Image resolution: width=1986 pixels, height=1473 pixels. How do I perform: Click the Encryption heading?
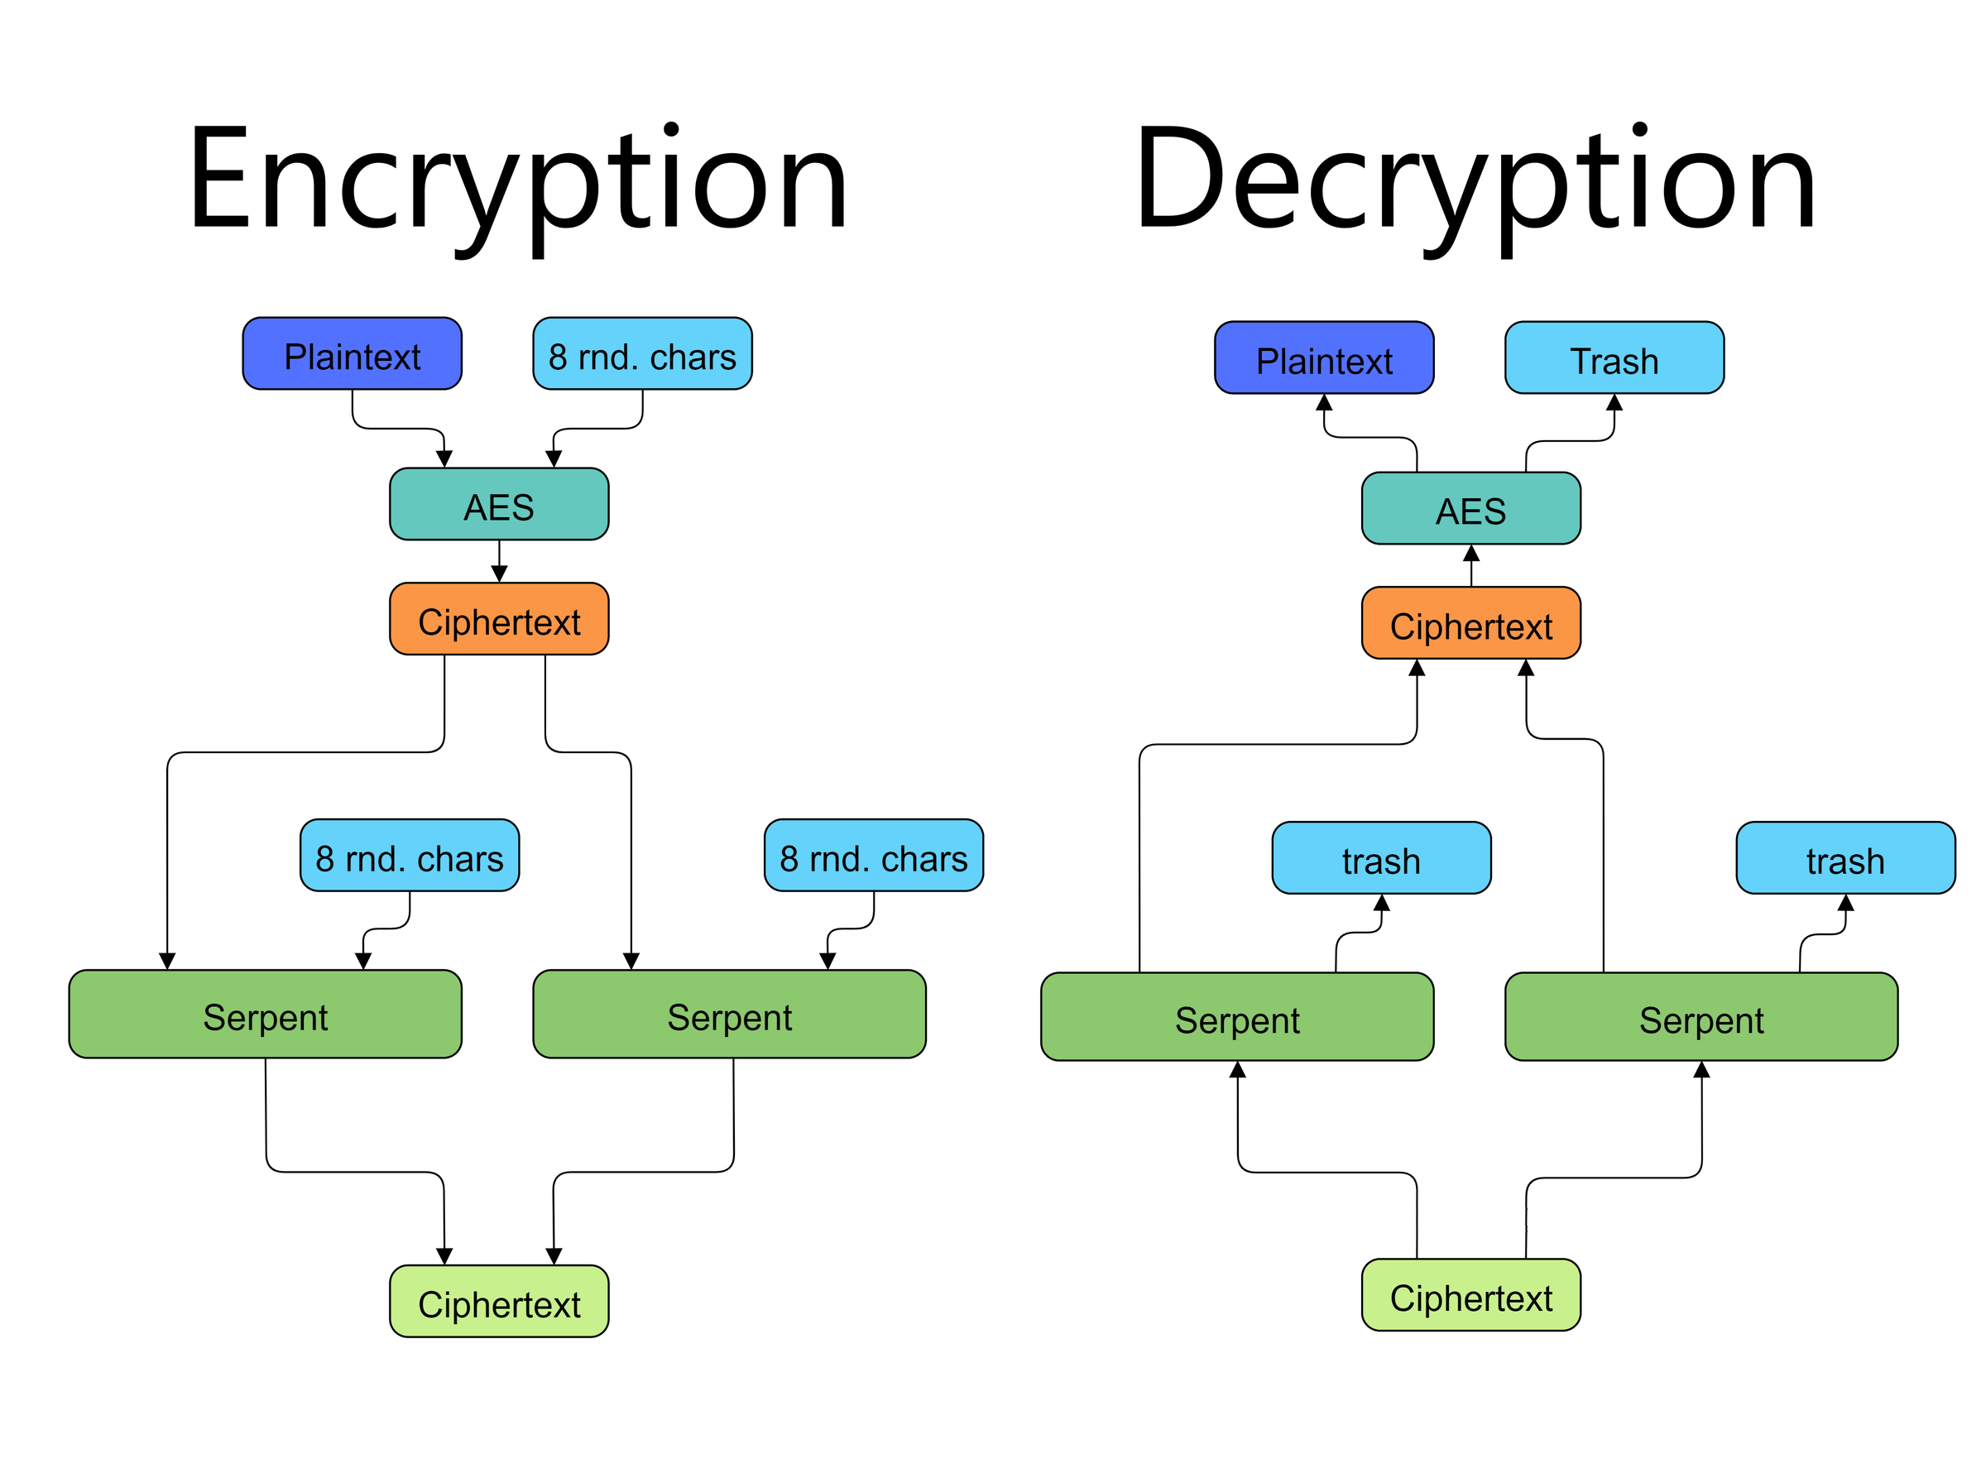(x=517, y=183)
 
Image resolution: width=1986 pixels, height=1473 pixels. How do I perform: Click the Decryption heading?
(x=1475, y=183)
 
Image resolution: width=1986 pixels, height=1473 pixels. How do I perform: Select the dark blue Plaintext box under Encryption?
(x=352, y=354)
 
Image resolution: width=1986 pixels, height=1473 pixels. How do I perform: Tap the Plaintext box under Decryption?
(x=1324, y=357)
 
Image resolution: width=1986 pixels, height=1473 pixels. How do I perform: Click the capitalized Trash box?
(x=1614, y=357)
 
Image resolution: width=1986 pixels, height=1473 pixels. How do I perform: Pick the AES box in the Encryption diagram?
(x=499, y=505)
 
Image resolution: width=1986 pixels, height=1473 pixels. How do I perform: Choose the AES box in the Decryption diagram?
(x=1470, y=508)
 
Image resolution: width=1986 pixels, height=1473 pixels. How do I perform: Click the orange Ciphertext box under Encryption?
(x=499, y=620)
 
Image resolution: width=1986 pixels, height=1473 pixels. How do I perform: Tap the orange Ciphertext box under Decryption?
(x=1470, y=623)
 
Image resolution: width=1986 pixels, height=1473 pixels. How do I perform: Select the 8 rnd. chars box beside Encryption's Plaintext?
(x=642, y=354)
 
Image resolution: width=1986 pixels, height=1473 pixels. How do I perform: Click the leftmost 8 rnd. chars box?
(x=409, y=856)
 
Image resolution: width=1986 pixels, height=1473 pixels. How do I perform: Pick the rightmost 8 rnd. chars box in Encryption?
(x=874, y=856)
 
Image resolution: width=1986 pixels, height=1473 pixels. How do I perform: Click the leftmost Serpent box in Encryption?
(x=265, y=1015)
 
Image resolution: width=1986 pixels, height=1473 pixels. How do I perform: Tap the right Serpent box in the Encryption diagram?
(x=729, y=1015)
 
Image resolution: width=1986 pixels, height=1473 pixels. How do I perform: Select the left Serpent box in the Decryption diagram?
(x=1236, y=1017)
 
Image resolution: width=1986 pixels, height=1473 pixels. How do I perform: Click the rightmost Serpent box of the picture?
(x=1701, y=1017)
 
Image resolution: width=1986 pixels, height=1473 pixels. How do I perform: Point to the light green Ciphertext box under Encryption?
(x=499, y=1302)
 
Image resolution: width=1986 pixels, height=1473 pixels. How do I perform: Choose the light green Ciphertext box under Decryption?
(x=1470, y=1296)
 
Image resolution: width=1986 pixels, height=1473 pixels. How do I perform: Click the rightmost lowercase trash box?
(x=1845, y=859)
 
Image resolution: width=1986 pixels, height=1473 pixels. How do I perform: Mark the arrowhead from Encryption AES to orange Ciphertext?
(x=499, y=573)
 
